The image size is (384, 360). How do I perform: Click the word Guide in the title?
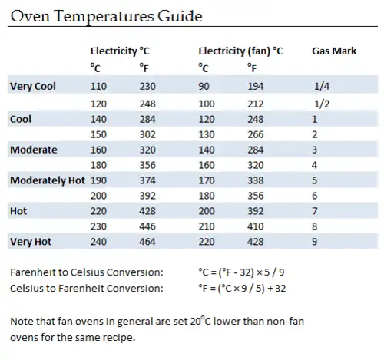point(180,16)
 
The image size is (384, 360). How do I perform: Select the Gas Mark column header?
point(334,51)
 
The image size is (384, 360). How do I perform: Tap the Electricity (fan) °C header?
point(240,51)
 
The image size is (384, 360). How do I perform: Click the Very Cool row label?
point(33,86)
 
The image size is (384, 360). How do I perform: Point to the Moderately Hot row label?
point(48,180)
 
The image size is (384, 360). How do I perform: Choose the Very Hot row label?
point(31,242)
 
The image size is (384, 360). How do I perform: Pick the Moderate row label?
point(34,150)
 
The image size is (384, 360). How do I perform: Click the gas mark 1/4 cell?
point(322,86)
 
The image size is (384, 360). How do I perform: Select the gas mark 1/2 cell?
point(322,104)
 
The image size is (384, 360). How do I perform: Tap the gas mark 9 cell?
point(315,242)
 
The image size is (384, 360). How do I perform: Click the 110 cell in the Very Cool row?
point(98,86)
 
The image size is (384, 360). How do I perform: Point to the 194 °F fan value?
point(255,86)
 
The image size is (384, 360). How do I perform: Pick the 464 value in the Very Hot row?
point(147,242)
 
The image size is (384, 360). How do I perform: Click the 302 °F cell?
point(147,134)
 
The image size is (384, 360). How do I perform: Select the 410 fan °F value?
point(255,226)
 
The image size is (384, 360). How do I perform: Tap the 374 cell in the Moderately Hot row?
point(147,180)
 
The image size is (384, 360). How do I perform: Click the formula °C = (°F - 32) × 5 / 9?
point(241,272)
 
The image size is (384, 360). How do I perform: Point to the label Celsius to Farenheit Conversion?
point(87,289)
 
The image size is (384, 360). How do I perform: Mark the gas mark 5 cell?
point(315,180)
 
